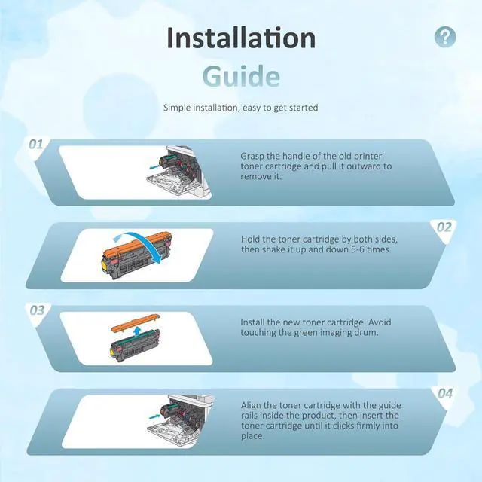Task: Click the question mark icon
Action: (445, 37)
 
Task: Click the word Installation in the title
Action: (241, 38)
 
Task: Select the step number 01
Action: (36, 144)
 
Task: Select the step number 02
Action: (444, 227)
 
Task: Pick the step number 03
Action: (37, 310)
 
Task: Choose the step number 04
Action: (445, 393)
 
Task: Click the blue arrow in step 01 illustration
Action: (154, 167)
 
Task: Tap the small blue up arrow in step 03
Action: (137, 331)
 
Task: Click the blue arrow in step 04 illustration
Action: (154, 416)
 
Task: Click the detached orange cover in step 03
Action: (136, 322)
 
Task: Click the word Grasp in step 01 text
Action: (252, 156)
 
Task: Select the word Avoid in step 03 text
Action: (380, 322)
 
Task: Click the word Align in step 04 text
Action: (251, 405)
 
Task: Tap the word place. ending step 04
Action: (253, 436)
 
